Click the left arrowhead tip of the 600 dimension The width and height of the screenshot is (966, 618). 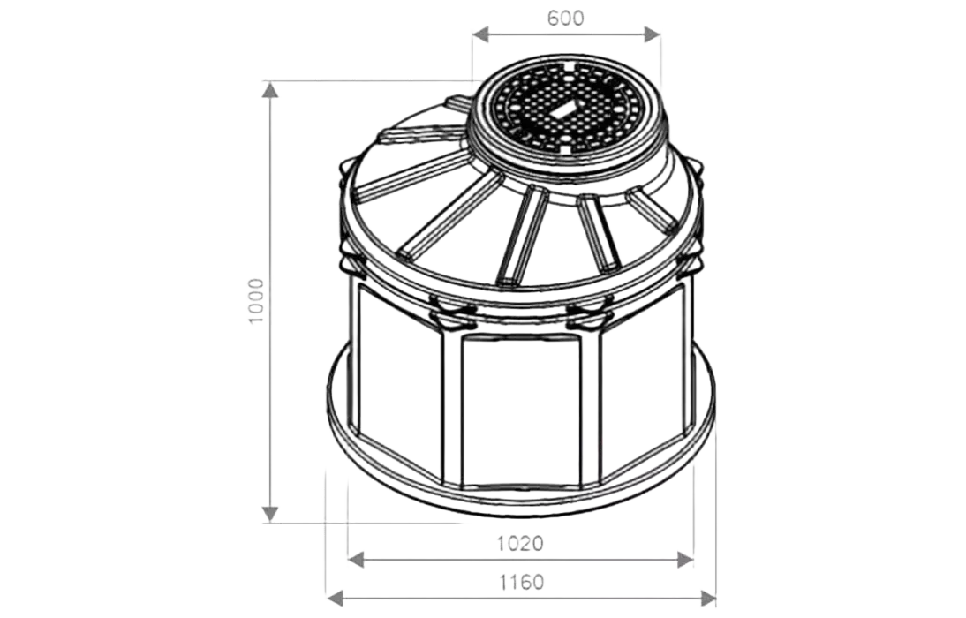click(x=472, y=34)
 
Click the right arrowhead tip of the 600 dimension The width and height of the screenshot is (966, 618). click(x=660, y=34)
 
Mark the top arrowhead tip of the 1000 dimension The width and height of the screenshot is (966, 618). click(x=270, y=82)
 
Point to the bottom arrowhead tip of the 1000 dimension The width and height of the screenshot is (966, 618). click(x=270, y=522)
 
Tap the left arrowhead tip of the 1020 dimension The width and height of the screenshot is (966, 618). click(x=348, y=560)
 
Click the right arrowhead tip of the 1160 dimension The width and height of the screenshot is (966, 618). click(x=716, y=597)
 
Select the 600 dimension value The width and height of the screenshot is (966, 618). click(x=565, y=18)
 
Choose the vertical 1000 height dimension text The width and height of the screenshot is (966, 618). click(x=254, y=301)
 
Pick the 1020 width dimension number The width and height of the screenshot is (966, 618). click(x=521, y=544)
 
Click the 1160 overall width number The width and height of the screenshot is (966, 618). click(x=521, y=582)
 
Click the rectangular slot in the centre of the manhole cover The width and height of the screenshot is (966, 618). click(x=564, y=109)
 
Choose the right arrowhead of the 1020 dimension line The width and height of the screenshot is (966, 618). click(x=686, y=560)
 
